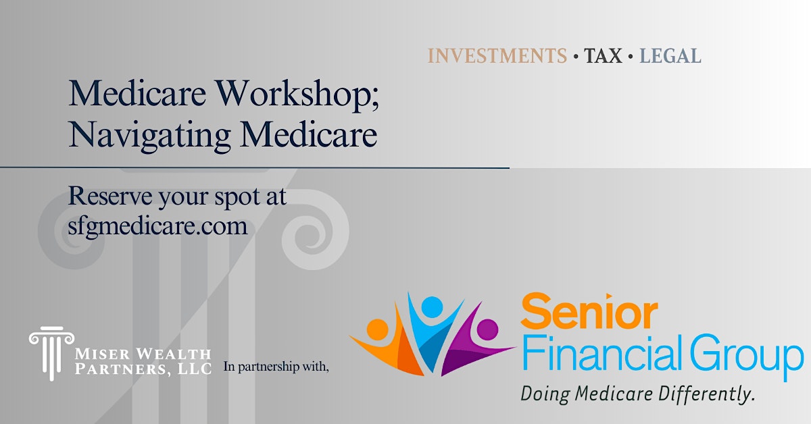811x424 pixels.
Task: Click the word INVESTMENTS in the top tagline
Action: click(x=497, y=56)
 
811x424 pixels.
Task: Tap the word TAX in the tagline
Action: click(x=603, y=56)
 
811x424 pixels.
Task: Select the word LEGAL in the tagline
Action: click(x=670, y=56)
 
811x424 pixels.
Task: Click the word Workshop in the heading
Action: click(x=293, y=94)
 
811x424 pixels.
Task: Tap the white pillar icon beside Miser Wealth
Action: click(x=51, y=353)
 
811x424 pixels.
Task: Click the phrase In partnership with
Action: click(x=276, y=367)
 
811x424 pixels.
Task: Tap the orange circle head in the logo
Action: click(x=377, y=329)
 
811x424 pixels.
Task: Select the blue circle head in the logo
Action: click(x=433, y=307)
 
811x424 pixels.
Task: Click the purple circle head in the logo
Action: click(x=487, y=329)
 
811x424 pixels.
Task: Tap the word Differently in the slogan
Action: click(x=707, y=394)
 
